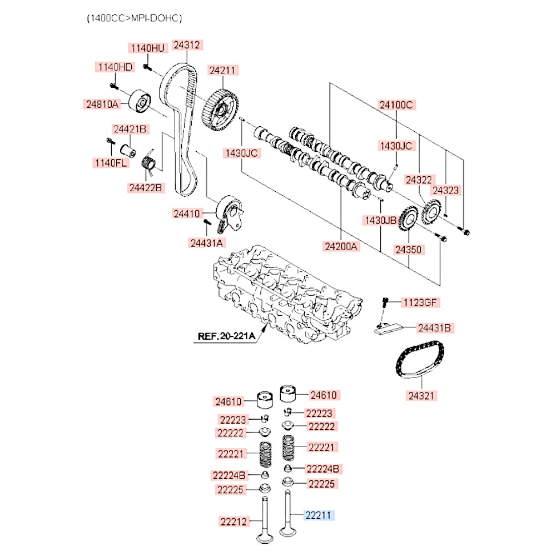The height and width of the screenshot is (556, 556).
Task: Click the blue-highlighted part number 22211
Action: tap(318, 515)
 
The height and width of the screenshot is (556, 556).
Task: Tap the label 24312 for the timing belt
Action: tap(186, 45)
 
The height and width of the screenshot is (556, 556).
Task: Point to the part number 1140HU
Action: tap(148, 48)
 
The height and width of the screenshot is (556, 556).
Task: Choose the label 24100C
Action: tap(397, 105)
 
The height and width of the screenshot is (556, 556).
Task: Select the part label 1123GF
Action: tap(421, 302)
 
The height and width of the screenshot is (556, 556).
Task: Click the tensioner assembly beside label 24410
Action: tap(229, 214)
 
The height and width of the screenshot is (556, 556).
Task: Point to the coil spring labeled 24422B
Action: tap(149, 163)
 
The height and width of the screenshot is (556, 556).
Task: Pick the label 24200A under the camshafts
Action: tap(341, 245)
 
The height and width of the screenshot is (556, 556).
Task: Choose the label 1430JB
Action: tap(380, 220)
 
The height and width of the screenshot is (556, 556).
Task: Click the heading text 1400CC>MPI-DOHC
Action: tap(134, 18)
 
